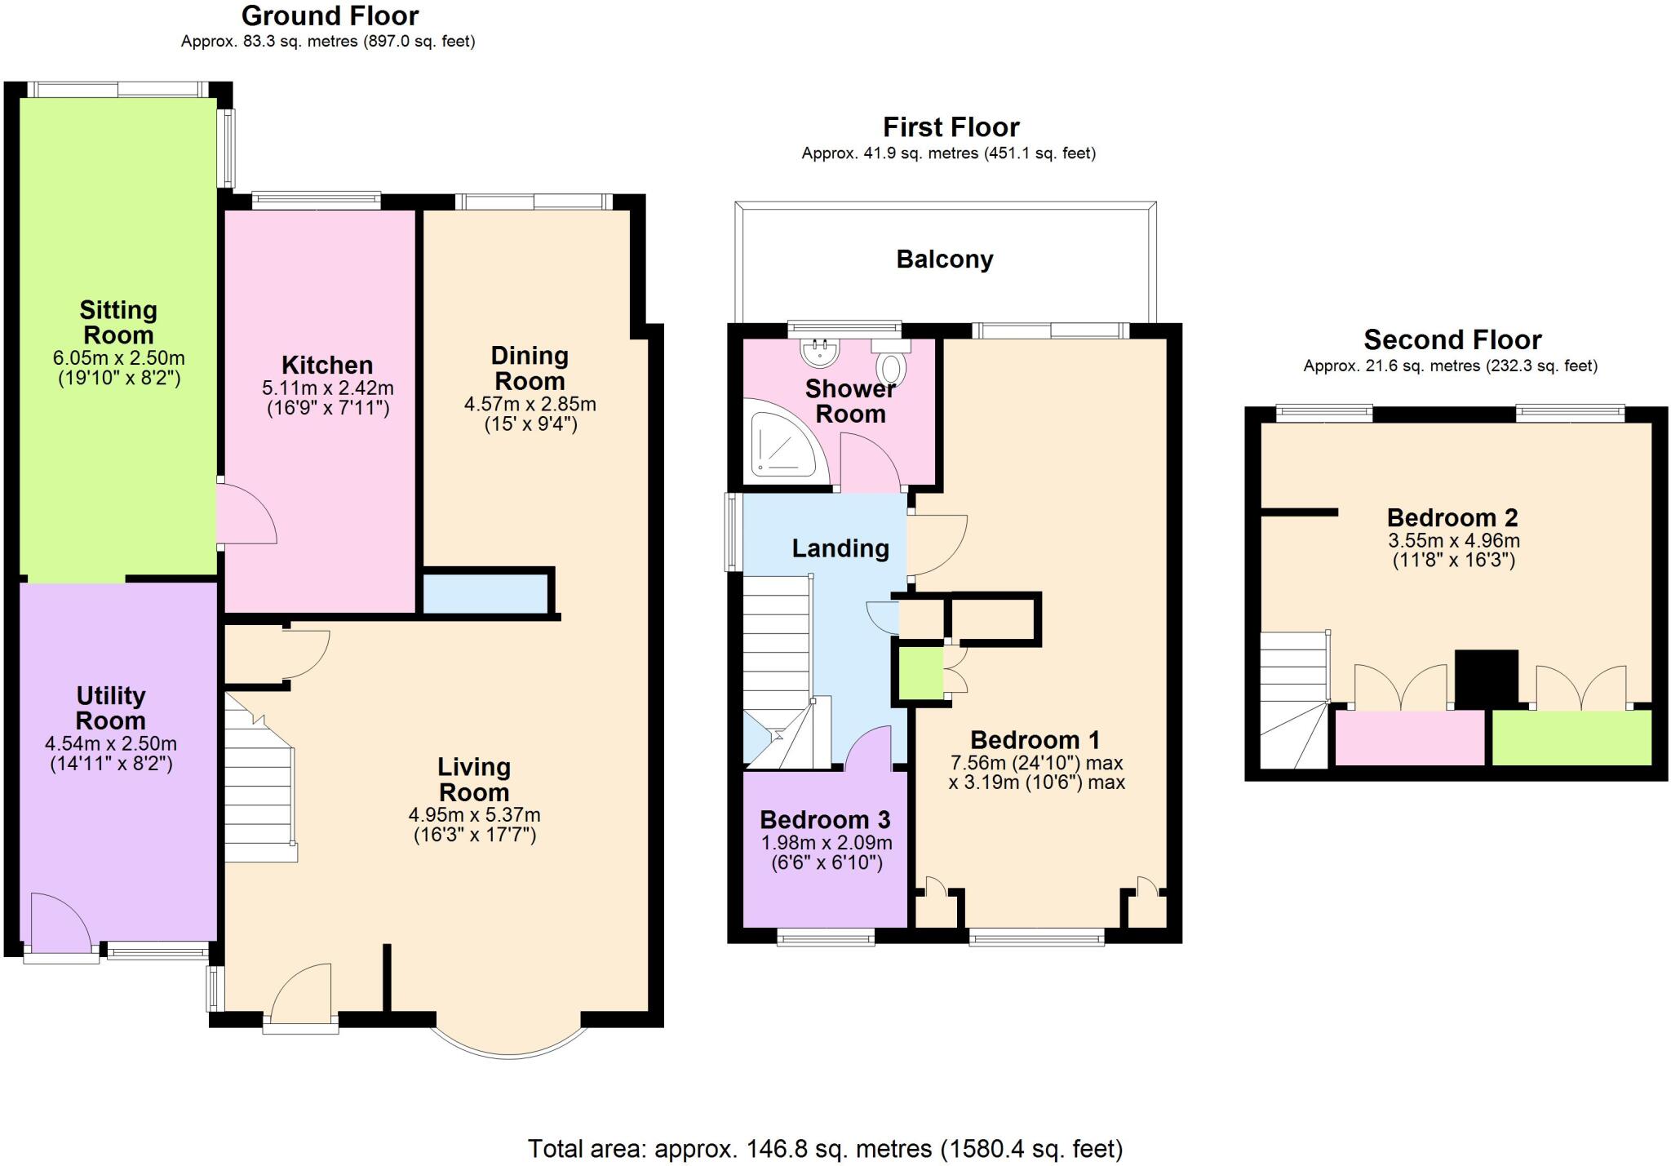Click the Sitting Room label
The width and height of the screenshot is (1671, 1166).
coord(118,322)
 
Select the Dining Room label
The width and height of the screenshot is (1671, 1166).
coord(530,368)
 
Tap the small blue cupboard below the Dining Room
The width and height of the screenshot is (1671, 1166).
coord(485,593)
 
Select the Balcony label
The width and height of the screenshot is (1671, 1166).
coord(945,259)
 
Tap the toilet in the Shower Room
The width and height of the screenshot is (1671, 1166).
coord(891,365)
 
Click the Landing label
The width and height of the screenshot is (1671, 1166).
coord(840,548)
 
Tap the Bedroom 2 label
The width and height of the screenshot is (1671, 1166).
coord(1452,517)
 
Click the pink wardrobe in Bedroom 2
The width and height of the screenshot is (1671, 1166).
coord(1409,737)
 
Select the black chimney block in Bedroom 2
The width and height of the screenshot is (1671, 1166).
coord(1486,677)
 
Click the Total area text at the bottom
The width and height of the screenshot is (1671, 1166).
coord(825,1149)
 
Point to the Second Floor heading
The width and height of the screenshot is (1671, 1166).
coord(1452,339)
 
